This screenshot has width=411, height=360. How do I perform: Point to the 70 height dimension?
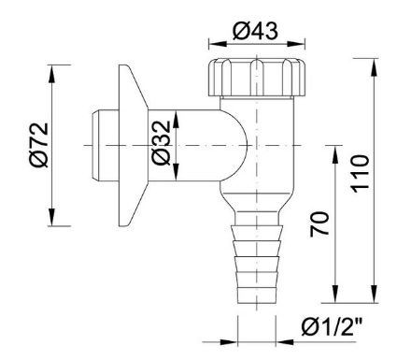[320, 225]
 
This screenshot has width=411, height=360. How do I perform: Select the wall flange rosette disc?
[130, 145]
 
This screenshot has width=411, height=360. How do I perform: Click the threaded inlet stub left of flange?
[97, 146]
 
